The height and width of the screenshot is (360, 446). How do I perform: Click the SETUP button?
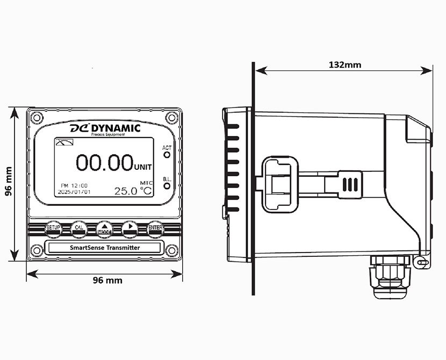[x=53, y=228]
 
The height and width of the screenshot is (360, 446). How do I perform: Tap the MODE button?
[x=104, y=228]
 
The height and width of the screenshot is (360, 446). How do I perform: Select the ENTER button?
[x=156, y=228]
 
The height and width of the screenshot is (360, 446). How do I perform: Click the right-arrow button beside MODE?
[x=130, y=228]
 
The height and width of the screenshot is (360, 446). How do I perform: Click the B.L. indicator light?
[x=167, y=186]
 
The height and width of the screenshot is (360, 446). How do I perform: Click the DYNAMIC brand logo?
[x=105, y=128]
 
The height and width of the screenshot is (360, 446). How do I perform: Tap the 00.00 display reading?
[x=104, y=162]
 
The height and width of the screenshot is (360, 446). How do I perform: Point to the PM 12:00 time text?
[x=74, y=185]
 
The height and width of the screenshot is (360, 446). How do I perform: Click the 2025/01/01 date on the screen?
[x=74, y=191]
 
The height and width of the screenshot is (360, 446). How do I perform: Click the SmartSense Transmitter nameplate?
[x=105, y=248]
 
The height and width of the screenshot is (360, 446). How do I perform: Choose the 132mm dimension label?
[x=344, y=64]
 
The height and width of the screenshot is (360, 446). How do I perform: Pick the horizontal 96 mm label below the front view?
[x=107, y=280]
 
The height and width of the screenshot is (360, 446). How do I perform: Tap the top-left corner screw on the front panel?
[x=37, y=117]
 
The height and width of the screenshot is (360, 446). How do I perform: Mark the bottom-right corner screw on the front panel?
[x=172, y=250]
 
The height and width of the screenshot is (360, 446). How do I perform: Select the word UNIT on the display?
[x=143, y=166]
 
